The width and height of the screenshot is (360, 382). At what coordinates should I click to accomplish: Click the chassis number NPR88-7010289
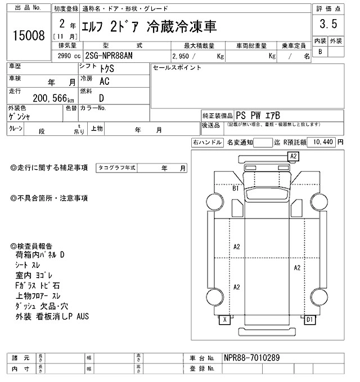point(251,358)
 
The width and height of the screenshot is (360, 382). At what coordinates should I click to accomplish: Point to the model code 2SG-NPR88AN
point(110,56)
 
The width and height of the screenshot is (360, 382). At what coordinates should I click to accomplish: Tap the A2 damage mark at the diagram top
point(293,156)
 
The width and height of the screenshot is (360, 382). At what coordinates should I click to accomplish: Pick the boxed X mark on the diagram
point(226,320)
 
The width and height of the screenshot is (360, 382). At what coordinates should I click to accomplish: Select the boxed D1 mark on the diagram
point(309,320)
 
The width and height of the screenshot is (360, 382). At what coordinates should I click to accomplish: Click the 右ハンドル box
point(207,143)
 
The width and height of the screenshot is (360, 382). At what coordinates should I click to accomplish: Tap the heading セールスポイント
point(177,67)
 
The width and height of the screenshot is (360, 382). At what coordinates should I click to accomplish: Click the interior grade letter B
point(320,52)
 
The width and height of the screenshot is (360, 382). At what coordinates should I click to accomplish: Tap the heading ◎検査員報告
point(31,246)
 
